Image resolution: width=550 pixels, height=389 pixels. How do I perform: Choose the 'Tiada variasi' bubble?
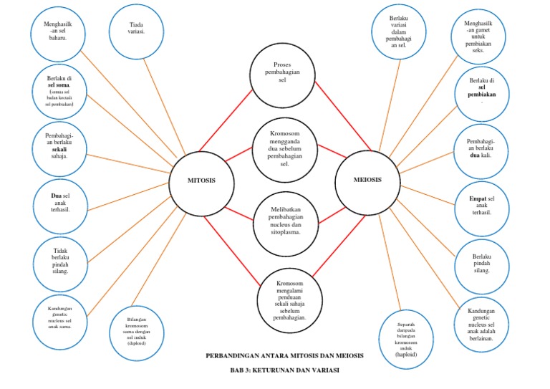pyautogui.click(x=137, y=29)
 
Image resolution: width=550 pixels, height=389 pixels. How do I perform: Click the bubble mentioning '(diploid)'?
pyautogui.click(x=136, y=332)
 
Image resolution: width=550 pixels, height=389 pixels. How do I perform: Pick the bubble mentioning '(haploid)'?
pyautogui.click(x=405, y=337)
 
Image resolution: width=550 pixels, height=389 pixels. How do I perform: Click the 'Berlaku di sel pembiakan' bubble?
pyautogui.click(x=481, y=90)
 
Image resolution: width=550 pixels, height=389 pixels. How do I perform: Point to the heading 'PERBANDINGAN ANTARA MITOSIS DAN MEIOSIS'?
pyautogui.click(x=284, y=356)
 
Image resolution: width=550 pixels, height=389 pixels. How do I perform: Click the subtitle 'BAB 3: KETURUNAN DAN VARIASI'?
pyautogui.click(x=284, y=370)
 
